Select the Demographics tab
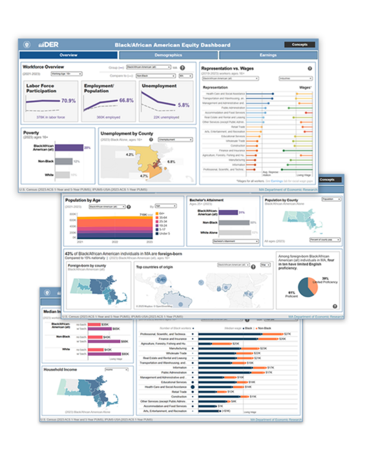coord(167,56)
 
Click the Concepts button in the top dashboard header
coord(299,45)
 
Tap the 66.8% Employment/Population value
coord(126,101)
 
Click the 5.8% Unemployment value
coord(183,105)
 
